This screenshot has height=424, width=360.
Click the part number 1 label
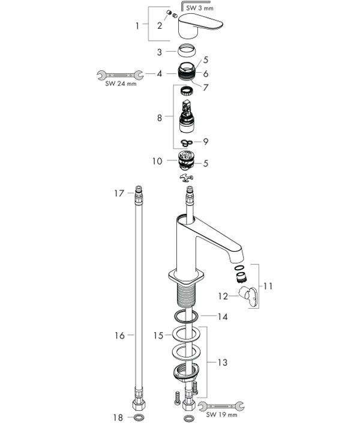coord(137,26)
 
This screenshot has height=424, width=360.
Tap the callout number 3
coord(160,52)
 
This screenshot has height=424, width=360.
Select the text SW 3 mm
coord(200,8)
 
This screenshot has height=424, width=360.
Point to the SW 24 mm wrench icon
coord(120,75)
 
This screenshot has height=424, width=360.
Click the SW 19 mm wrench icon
coord(221,405)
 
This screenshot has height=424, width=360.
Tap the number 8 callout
coord(160,118)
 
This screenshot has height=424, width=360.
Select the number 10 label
coord(157,161)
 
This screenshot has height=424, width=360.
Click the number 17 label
coord(119,193)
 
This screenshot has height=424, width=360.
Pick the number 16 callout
coord(119,335)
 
